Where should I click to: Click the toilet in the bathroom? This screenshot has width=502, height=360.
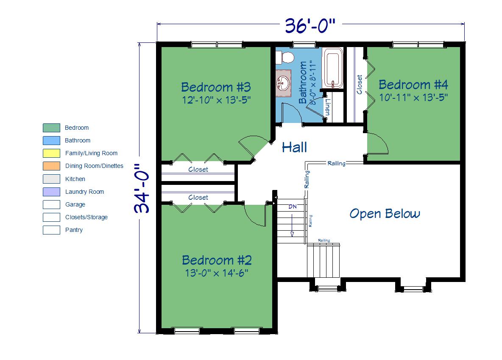[285, 58]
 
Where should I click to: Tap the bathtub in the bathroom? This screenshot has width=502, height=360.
[333, 68]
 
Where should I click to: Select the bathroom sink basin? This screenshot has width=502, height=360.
[283, 83]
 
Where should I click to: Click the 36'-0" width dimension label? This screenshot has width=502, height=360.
[310, 25]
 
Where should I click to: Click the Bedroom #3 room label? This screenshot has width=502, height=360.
[216, 87]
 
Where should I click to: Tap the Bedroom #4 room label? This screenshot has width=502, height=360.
[413, 84]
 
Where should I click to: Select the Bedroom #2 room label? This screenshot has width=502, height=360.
[217, 260]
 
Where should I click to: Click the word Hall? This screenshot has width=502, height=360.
[294, 147]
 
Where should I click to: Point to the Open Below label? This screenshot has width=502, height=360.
[385, 214]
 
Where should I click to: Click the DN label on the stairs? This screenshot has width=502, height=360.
[293, 207]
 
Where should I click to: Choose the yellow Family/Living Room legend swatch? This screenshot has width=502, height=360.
[52, 153]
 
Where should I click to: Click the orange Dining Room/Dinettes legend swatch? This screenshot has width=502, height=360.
[52, 166]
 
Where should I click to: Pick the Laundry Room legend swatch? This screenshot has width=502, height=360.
[52, 192]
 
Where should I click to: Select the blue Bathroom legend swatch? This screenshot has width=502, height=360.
[52, 141]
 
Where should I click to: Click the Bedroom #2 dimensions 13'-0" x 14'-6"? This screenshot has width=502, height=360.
[217, 273]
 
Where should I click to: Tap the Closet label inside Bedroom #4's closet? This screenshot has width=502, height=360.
[359, 84]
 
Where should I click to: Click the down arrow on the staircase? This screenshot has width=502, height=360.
[292, 226]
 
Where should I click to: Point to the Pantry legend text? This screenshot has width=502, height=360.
[74, 230]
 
